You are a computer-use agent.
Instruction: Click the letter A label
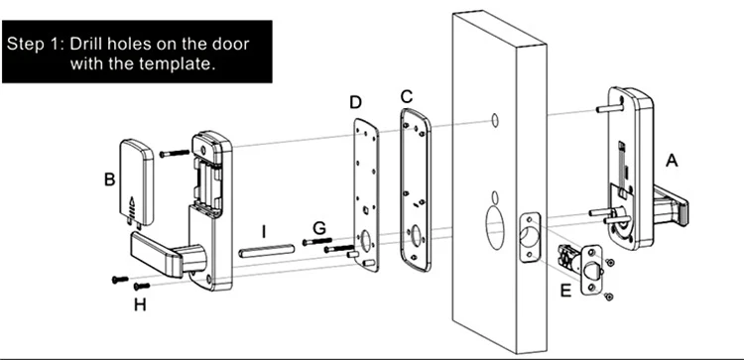tap(672, 161)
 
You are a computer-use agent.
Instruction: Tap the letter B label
tap(109, 180)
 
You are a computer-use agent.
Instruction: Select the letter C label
tap(407, 96)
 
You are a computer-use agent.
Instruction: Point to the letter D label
tap(355, 102)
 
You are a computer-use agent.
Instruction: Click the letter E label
tap(565, 291)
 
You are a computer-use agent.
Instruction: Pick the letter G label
tap(319, 228)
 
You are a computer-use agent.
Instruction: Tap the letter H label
tap(140, 305)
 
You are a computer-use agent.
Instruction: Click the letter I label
tap(264, 231)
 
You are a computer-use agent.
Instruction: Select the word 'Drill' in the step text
tap(86, 44)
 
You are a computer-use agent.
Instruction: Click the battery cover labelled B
tap(136, 182)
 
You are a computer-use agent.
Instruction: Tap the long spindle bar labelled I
tap(267, 251)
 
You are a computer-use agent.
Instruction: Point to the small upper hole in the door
tap(494, 120)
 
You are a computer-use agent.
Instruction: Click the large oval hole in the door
tap(495, 228)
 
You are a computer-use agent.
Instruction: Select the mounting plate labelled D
tap(366, 195)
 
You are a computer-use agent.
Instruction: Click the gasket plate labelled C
tap(416, 189)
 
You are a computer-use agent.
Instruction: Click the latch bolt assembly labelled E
tap(580, 268)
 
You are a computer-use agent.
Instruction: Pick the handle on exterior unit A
tap(671, 206)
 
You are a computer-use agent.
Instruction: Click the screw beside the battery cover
tap(175, 153)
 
